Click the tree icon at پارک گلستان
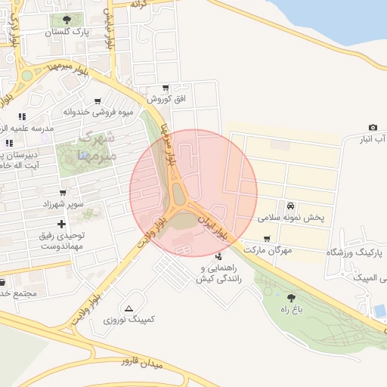[68, 20]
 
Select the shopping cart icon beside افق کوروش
[166, 88]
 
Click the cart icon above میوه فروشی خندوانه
[98, 101]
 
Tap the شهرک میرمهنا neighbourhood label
[95, 147]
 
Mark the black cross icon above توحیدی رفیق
[61, 224]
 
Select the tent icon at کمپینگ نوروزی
[129, 308]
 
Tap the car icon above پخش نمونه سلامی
[290, 206]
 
